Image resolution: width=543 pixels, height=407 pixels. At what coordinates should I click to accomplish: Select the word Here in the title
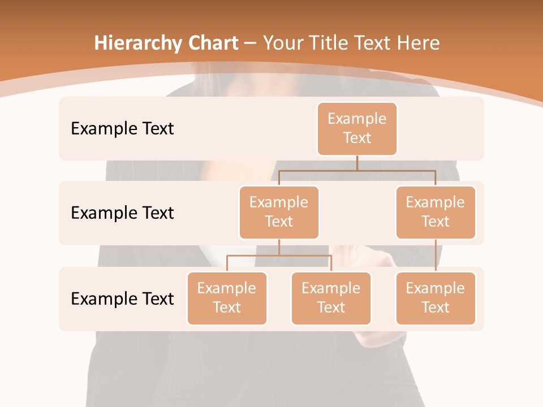coord(419,43)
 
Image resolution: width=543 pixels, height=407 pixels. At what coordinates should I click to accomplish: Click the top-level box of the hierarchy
coord(357,128)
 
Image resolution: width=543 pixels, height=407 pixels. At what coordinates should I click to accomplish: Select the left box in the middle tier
coord(279,212)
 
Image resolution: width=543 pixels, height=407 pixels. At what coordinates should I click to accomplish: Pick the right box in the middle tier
coord(436,212)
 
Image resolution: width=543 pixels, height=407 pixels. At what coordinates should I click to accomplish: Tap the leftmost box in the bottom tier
coord(227,298)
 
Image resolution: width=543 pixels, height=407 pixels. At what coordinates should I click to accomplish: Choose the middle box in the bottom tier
coord(331,298)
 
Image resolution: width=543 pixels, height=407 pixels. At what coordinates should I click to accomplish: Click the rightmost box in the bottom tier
coord(436,298)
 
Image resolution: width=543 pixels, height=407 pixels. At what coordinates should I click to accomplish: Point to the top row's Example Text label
coord(122,128)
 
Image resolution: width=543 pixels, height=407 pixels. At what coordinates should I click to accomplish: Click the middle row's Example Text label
coord(122,213)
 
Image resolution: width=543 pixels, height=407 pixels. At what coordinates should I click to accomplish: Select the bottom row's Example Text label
coord(122,298)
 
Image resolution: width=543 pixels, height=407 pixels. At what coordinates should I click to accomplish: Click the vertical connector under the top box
coord(357,163)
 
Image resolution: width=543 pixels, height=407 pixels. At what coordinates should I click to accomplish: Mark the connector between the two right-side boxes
coord(436,256)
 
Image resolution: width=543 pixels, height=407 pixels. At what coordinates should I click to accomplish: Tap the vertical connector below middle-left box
coord(279,247)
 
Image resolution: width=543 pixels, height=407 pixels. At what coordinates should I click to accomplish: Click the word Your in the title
coord(280,43)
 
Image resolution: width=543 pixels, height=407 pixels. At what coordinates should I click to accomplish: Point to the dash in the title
coord(251,43)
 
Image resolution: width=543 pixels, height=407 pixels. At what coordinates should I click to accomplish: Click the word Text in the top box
coord(357,138)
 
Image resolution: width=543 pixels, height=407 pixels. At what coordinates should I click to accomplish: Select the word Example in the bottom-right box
coord(436,288)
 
